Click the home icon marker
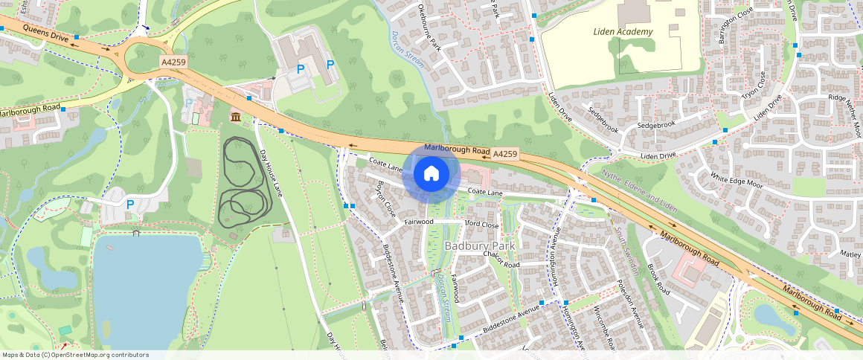pos(431,174)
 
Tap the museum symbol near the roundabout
pos(236,117)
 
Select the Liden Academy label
pos(623,31)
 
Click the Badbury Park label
pos(479,245)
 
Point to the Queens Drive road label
pos(45,33)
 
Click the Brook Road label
pos(658,280)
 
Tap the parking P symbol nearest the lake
pos(130,205)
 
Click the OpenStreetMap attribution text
pos(75,355)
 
